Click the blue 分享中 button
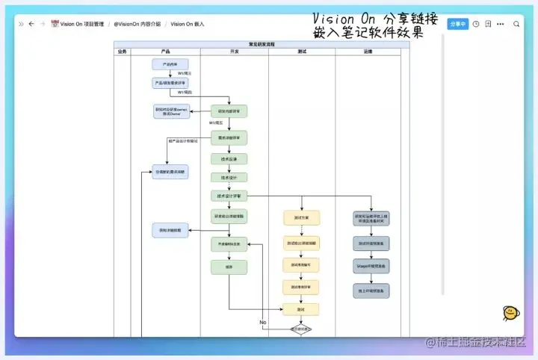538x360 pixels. (458, 24)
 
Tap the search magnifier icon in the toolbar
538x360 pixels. (516, 24)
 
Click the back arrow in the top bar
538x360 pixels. (31, 24)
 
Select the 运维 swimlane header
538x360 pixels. (368, 52)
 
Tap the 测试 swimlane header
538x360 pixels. (301, 52)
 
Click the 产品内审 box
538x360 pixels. (170, 64)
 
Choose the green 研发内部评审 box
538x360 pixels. (229, 111)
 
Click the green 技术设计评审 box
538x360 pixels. (229, 196)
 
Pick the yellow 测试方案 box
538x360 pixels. (301, 218)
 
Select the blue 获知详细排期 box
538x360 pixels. (170, 230)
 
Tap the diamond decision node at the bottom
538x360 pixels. (301, 329)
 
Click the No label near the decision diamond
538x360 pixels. (263, 322)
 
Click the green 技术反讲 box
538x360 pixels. (229, 159)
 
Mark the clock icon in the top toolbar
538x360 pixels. (476, 24)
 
